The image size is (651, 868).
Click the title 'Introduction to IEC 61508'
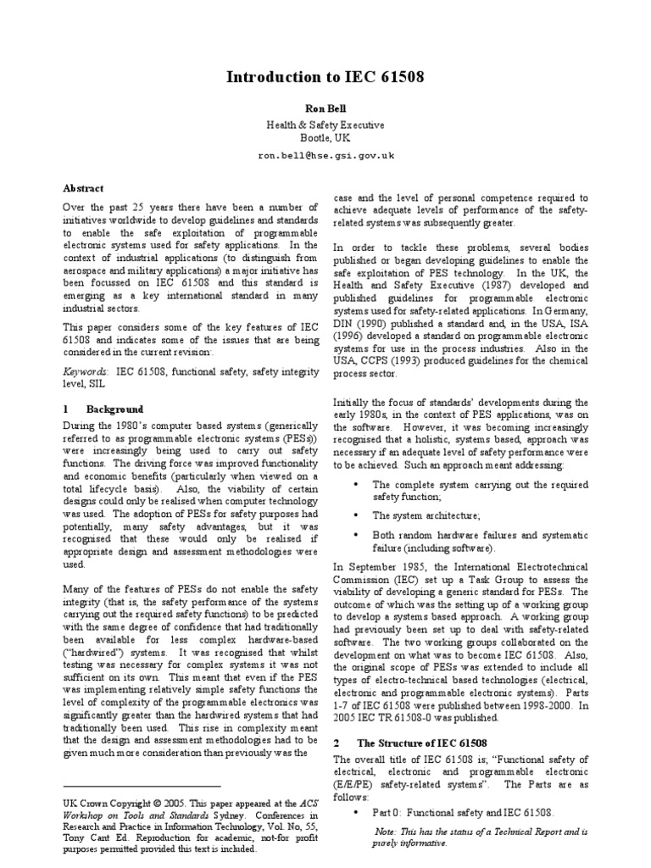(x=325, y=79)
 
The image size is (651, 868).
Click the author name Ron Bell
(x=325, y=108)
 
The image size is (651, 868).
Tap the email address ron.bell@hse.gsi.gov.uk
(x=325, y=156)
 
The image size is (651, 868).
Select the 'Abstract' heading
(x=82, y=188)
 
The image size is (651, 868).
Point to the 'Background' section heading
(x=115, y=409)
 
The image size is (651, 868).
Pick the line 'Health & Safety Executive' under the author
(x=325, y=125)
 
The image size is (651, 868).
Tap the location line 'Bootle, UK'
(x=325, y=137)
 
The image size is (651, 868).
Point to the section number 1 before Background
(x=66, y=409)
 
